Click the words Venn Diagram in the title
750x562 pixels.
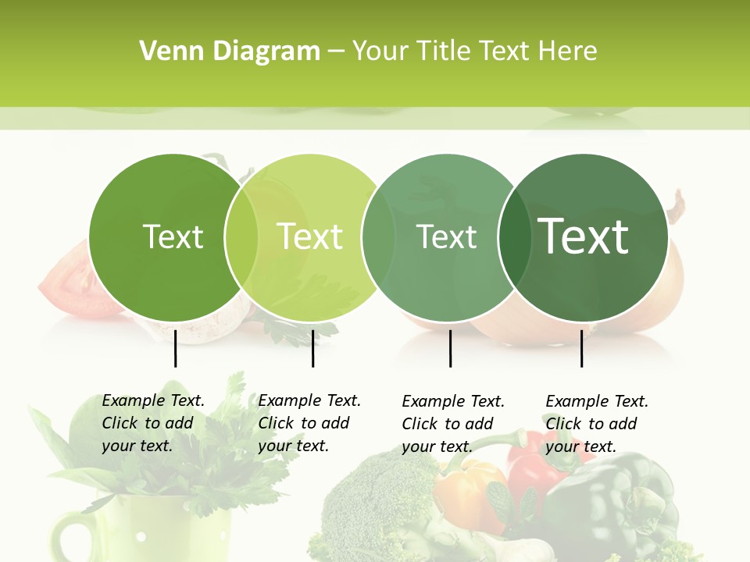coord(230,52)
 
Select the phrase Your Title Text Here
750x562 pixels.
coord(475,52)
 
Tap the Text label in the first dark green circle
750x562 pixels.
coord(173,237)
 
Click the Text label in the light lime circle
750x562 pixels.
coord(310,237)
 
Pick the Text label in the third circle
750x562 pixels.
coord(447,237)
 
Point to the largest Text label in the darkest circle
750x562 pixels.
coord(584,236)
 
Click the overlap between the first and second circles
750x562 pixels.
coord(241,237)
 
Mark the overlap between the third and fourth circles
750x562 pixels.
coord(515,237)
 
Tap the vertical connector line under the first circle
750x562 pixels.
coord(175,348)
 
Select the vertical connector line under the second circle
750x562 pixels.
coord(312,348)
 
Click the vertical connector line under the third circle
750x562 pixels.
coord(450,348)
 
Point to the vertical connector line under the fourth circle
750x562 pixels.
coord(581,348)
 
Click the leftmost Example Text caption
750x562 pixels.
coord(153,423)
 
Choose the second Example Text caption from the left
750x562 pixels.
coord(309,423)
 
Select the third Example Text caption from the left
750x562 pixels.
coord(453,424)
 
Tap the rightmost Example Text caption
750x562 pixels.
coord(597,424)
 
